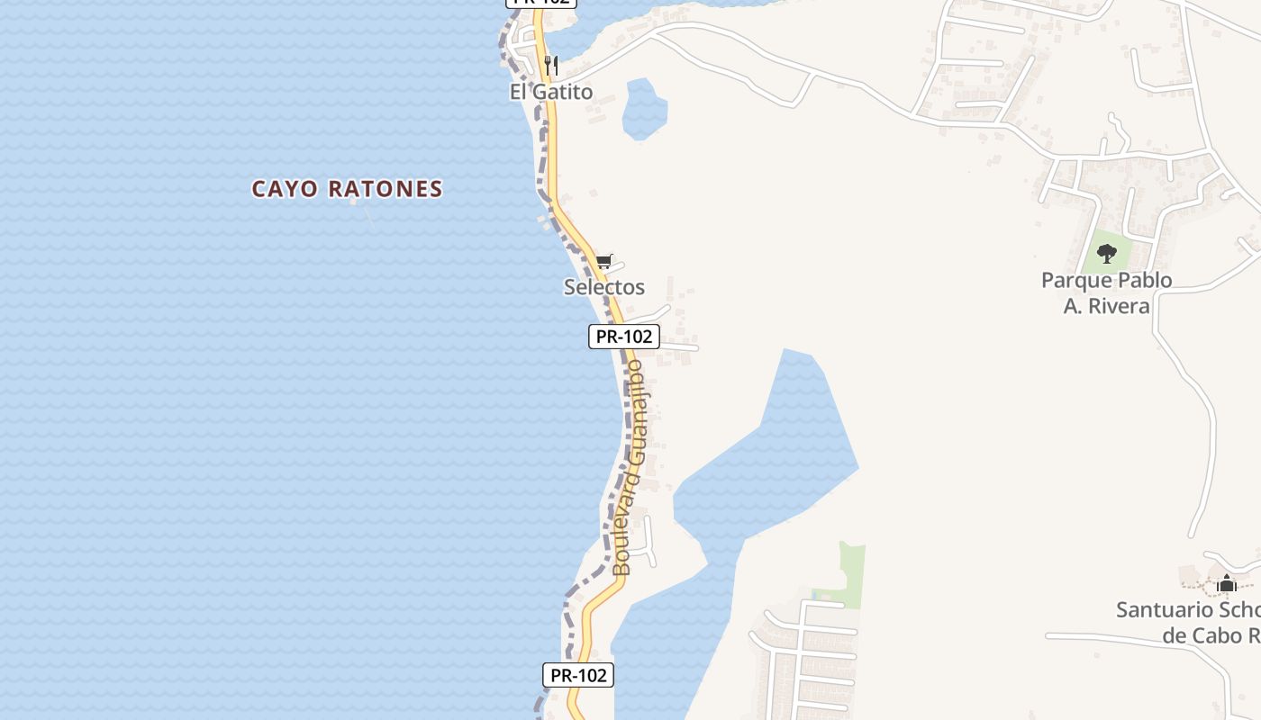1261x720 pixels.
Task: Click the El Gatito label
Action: (x=551, y=92)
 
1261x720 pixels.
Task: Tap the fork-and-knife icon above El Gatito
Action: (x=551, y=66)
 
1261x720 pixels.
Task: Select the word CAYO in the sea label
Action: (x=285, y=189)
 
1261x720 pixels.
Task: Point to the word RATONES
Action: (x=386, y=189)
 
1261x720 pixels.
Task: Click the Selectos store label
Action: (x=603, y=287)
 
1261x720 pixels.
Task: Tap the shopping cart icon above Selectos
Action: (x=603, y=262)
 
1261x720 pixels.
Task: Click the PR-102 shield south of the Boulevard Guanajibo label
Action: (x=577, y=675)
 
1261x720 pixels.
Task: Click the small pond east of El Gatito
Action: (x=644, y=110)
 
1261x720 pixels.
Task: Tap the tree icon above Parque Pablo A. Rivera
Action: (x=1107, y=253)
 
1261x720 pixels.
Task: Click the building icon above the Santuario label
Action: (x=1226, y=583)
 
